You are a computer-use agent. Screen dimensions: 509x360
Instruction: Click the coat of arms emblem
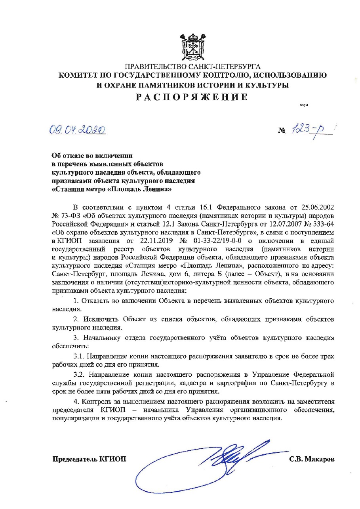[192, 46]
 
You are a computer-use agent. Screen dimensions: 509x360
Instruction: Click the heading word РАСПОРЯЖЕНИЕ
[192, 97]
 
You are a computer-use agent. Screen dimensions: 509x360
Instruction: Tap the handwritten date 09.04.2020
[77, 130]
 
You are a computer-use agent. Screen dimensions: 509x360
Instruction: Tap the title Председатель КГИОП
[90, 459]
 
